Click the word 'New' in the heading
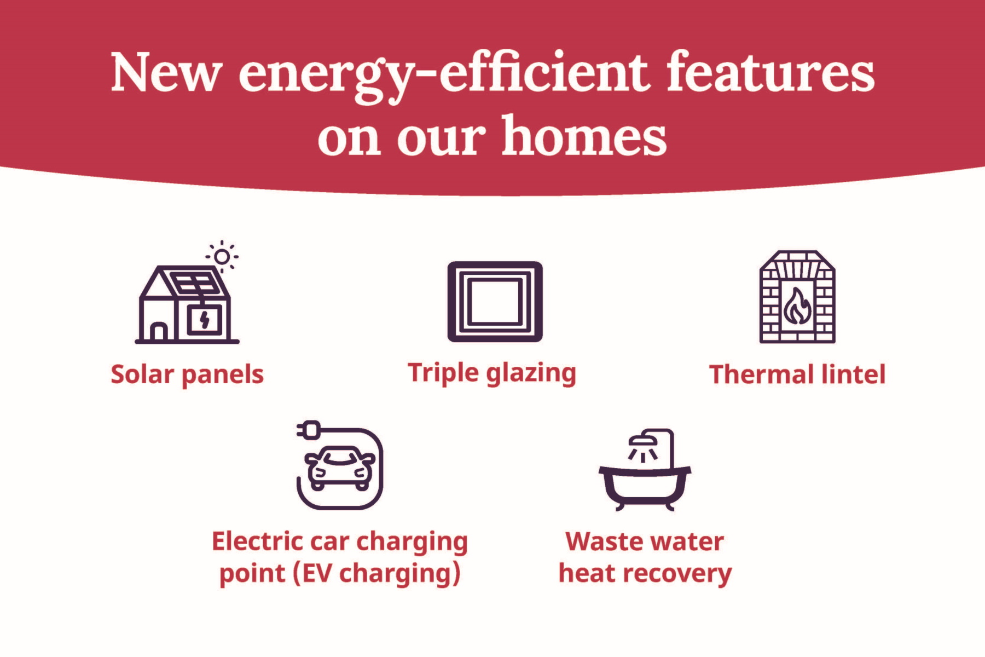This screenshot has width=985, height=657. (x=166, y=73)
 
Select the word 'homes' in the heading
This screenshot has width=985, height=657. (x=584, y=137)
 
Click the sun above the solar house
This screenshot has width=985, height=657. (x=222, y=256)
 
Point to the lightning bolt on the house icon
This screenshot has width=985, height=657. (x=205, y=320)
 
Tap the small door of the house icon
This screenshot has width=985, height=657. (x=159, y=332)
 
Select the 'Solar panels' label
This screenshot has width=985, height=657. (x=187, y=375)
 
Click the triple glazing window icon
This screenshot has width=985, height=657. (x=495, y=302)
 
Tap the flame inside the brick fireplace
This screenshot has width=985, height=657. (x=797, y=308)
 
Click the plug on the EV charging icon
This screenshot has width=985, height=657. (x=310, y=430)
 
